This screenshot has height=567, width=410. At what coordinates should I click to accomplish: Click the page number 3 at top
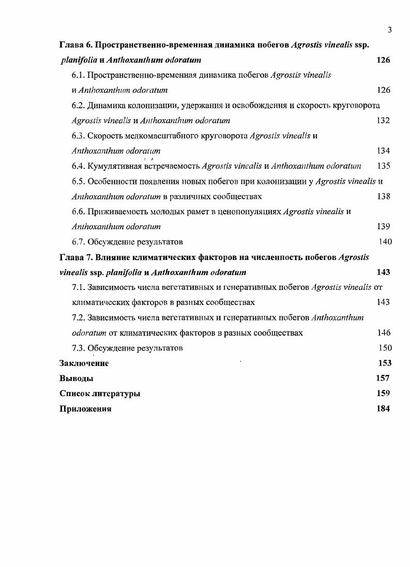[389, 30]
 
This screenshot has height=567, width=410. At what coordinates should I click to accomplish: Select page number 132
[383, 121]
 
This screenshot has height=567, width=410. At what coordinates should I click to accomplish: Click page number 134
[383, 151]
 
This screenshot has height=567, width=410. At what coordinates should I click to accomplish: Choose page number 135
[383, 166]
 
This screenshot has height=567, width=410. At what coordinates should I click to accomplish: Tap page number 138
[383, 196]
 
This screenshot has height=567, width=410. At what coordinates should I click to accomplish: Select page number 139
[383, 226]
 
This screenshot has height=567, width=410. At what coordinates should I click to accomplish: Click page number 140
[385, 242]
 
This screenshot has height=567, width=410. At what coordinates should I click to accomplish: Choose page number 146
[384, 333]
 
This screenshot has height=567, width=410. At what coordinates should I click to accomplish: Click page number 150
[385, 348]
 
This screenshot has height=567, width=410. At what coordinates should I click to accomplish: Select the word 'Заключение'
[84, 363]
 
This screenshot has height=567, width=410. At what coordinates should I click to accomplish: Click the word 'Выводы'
[77, 379]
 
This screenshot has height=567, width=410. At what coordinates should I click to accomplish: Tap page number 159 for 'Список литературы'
[383, 394]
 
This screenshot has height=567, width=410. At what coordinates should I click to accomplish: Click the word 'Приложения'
[85, 409]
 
